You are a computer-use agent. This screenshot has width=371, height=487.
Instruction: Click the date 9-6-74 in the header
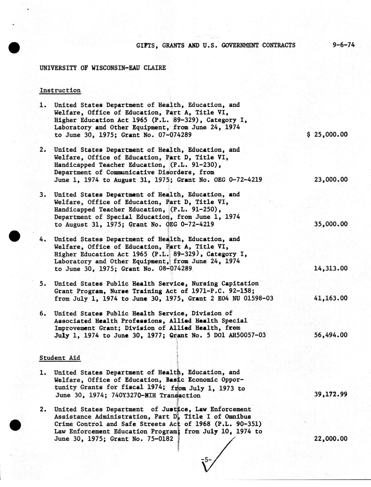tap(343, 45)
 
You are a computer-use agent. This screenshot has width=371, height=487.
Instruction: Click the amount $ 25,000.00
tap(328, 134)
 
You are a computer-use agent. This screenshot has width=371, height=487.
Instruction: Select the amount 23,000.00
tap(331, 179)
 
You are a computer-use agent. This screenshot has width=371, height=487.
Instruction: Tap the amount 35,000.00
tap(331, 224)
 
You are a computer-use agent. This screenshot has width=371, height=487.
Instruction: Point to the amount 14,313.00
tap(331, 269)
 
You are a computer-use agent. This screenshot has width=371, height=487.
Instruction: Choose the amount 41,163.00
tap(331, 298)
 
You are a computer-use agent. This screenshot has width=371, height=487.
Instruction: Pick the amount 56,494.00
tap(331, 335)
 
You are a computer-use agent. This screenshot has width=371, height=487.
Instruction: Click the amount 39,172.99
tap(331, 394)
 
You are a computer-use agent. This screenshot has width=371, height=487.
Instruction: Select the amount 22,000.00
tap(331, 439)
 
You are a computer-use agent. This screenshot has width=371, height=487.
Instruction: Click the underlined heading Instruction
tap(60, 90)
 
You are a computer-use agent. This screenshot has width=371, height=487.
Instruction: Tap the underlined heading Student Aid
tap(60, 358)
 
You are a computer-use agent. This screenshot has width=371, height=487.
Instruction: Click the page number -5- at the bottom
tap(206, 459)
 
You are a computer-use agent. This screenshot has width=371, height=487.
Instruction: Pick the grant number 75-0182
tap(159, 439)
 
